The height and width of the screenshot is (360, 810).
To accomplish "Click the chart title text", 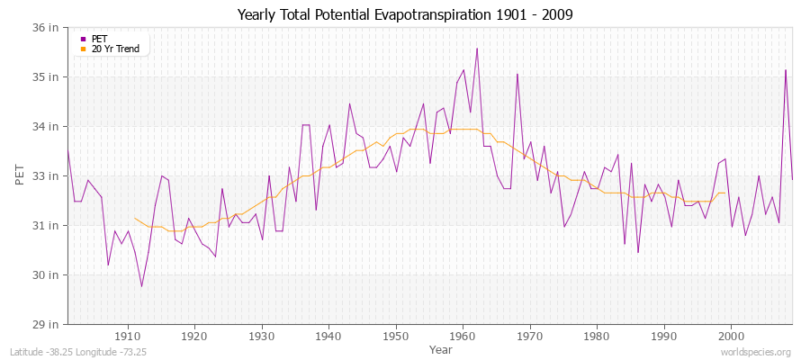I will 405,14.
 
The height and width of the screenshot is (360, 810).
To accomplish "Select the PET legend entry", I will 99,39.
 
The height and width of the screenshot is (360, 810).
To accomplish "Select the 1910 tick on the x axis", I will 127,336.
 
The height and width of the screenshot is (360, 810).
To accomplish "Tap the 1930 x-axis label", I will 262,336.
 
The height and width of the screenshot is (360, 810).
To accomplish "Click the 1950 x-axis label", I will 396,336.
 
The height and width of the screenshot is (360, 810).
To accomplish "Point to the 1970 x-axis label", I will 530,336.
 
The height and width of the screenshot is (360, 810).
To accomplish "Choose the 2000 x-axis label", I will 732,336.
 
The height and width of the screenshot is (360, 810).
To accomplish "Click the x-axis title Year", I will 441,348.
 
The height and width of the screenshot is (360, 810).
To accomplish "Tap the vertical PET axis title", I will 20,175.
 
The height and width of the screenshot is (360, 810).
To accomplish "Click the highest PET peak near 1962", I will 477,49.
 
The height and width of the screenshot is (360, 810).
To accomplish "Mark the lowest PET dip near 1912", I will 141,286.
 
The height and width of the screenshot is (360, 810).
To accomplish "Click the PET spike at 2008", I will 786,70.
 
